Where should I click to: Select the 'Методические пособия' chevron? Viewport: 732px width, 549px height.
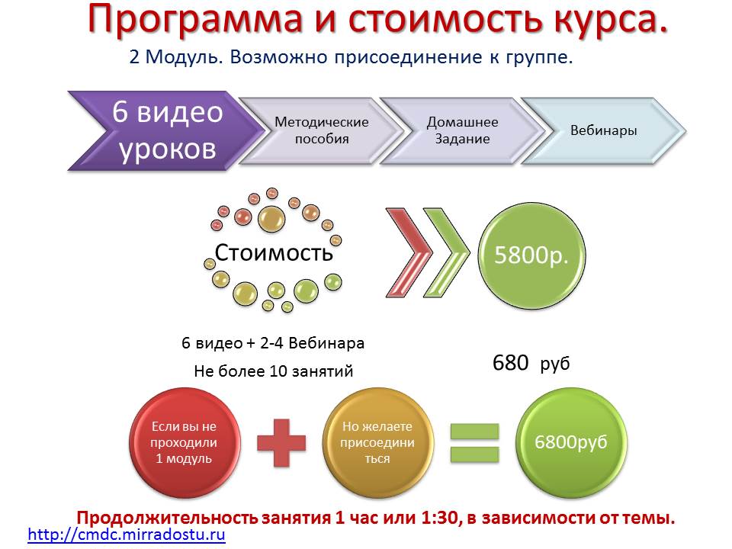click(321, 130)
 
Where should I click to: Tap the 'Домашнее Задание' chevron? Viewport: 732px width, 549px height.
click(462, 130)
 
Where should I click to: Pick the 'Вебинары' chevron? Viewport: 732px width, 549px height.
click(603, 130)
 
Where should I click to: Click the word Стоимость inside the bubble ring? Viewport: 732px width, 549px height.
click(274, 252)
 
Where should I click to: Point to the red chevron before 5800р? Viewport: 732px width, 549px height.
click(409, 252)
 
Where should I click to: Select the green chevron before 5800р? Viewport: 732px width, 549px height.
click(446, 252)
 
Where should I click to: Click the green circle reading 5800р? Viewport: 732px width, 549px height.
click(531, 255)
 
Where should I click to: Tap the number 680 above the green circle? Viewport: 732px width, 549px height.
click(510, 363)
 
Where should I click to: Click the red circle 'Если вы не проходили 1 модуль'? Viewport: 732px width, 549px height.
click(185, 442)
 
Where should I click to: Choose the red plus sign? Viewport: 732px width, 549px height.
click(281, 442)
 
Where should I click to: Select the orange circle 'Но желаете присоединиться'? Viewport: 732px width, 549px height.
click(377, 442)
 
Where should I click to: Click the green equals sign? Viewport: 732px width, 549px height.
click(475, 442)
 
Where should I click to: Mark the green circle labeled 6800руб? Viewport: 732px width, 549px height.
click(571, 442)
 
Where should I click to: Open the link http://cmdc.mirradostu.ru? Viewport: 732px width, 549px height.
click(127, 534)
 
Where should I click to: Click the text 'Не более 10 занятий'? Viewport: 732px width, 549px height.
click(274, 371)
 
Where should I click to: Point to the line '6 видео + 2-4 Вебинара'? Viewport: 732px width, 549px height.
click(273, 343)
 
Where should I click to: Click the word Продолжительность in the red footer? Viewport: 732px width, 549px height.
click(167, 518)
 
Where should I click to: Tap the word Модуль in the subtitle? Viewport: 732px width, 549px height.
click(184, 57)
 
